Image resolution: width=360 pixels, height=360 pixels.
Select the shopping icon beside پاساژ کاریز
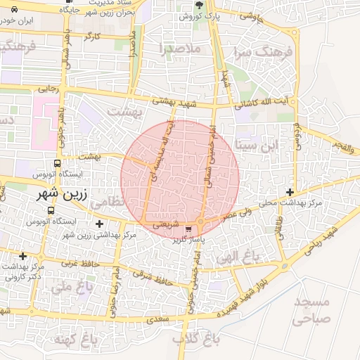188,229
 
